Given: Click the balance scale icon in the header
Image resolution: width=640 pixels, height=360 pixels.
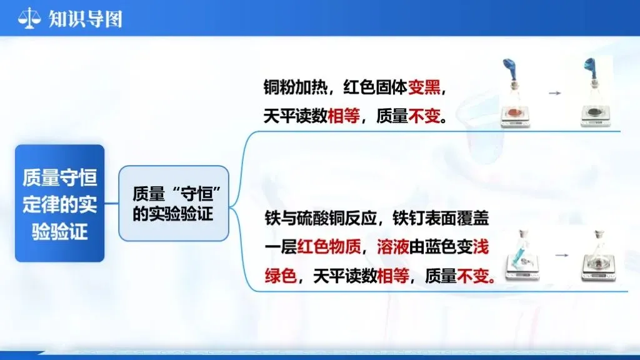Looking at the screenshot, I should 29,17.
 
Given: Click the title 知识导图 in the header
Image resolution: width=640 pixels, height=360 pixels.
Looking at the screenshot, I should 85,18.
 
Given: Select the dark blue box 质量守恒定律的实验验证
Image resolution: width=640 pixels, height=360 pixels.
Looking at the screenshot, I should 60,204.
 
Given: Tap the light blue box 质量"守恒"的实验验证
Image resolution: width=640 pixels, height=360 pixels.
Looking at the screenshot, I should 175,204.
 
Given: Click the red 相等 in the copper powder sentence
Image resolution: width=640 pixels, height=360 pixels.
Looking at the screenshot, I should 344,117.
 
